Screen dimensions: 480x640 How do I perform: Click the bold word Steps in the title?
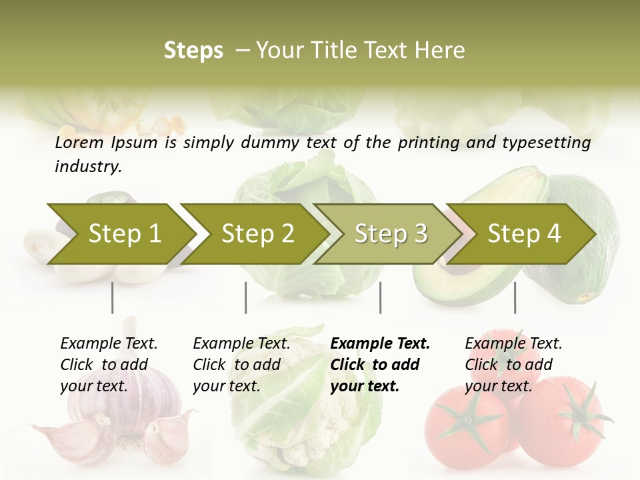[193, 51]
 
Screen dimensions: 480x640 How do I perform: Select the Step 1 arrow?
[120, 234]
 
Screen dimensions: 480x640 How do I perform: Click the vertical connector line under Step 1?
[112, 297]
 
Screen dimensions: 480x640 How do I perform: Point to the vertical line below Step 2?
[246, 297]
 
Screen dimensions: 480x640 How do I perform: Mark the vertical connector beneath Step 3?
[380, 297]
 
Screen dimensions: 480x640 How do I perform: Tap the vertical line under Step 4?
[515, 297]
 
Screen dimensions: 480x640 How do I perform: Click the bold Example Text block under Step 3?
[380, 365]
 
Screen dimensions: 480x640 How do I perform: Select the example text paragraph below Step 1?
[109, 365]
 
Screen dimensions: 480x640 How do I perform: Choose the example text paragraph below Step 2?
[241, 365]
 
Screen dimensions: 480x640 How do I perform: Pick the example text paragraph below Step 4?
[513, 365]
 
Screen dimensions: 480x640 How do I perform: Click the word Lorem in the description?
[79, 143]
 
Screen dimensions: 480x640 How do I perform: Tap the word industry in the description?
[88, 167]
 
